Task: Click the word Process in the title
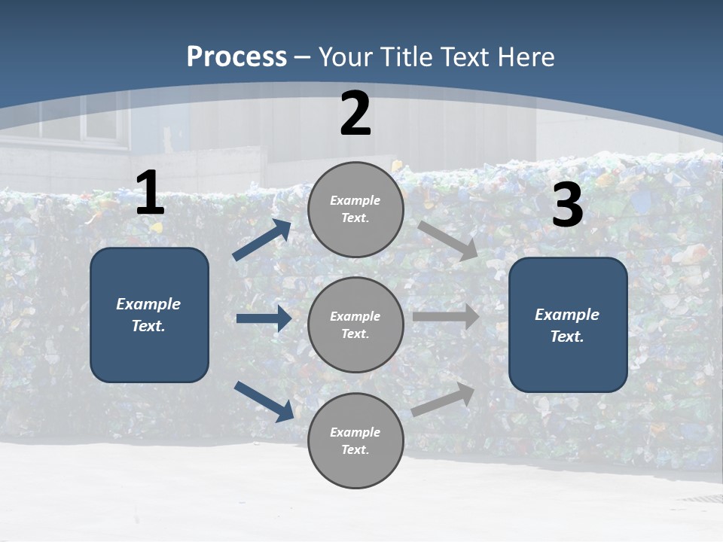[x=236, y=56]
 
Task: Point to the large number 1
[x=150, y=193]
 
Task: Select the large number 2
[x=355, y=114]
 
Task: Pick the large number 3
[x=567, y=206]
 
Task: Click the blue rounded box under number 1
[x=149, y=315]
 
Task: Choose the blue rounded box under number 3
[x=568, y=325]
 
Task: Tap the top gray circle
[x=355, y=209]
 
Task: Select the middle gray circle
[x=355, y=325]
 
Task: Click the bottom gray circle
[x=355, y=441]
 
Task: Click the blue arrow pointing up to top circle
[x=262, y=240]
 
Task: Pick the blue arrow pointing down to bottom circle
[x=264, y=401]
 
